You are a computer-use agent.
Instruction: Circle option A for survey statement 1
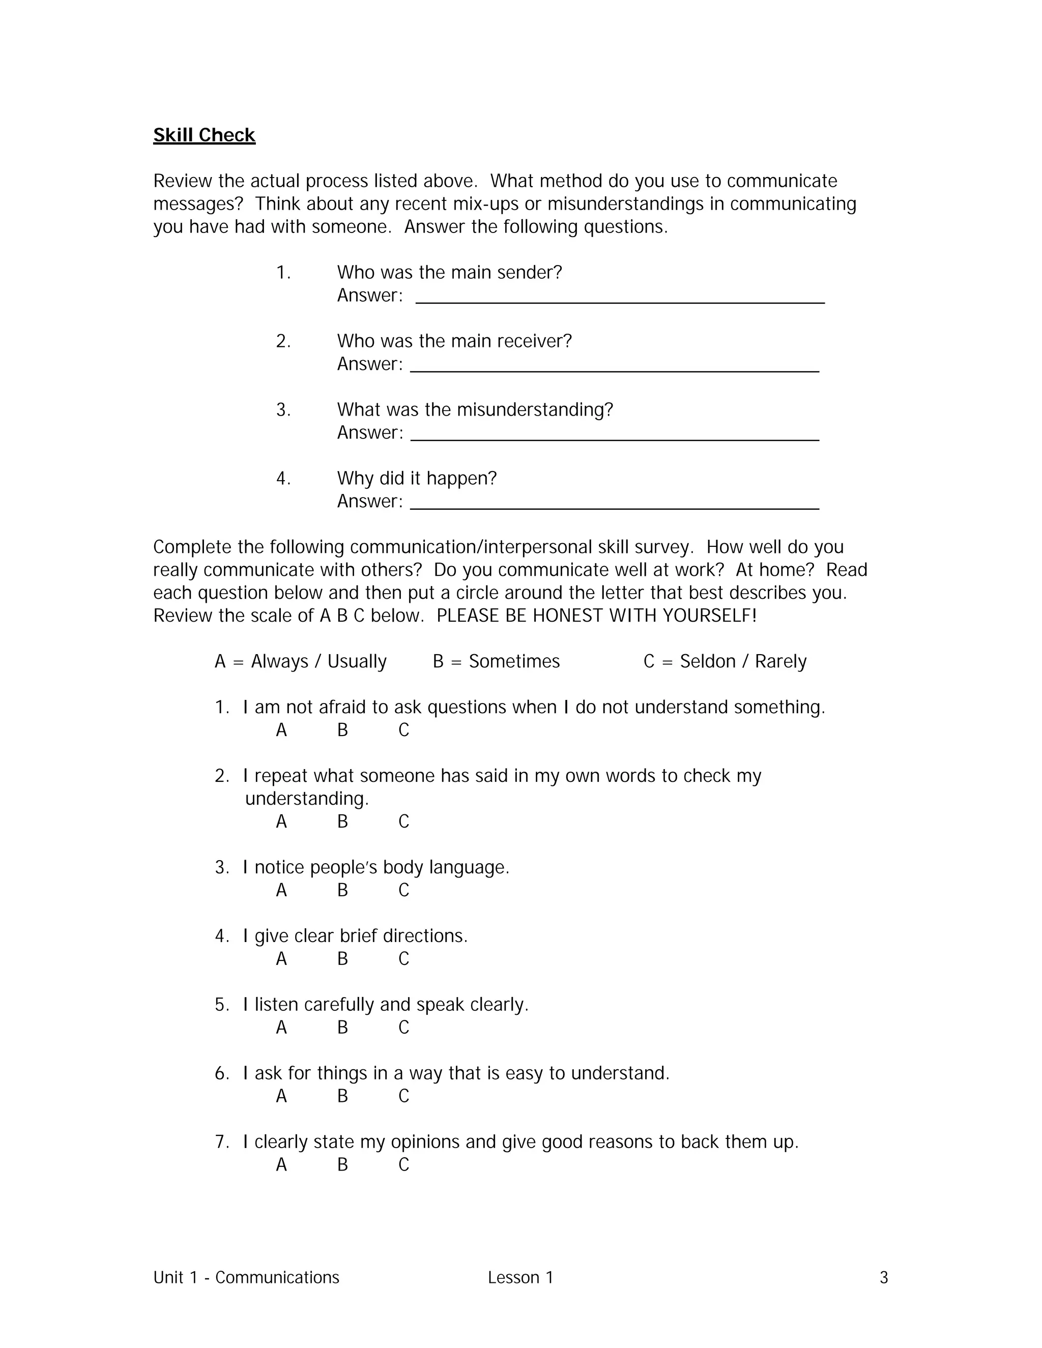tap(281, 730)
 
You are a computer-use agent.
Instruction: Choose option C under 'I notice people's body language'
tap(403, 890)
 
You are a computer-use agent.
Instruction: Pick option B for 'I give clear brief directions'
tap(342, 958)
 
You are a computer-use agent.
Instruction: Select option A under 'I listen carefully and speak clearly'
tap(281, 1027)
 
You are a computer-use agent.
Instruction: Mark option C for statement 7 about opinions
tap(403, 1164)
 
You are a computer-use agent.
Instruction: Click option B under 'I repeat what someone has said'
tap(342, 822)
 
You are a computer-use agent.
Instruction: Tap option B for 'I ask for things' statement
tap(342, 1096)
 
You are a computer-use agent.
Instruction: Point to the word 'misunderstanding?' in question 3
tap(535, 409)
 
